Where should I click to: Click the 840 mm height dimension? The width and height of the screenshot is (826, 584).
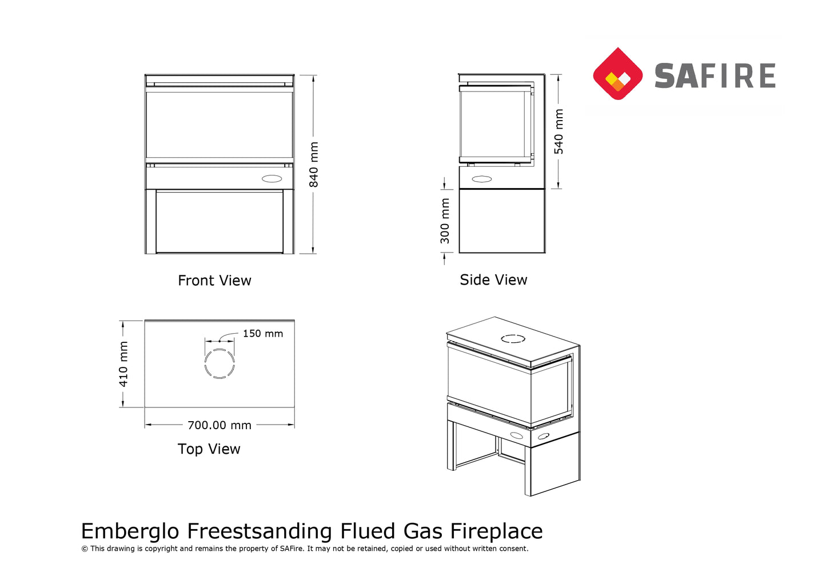coord(314,165)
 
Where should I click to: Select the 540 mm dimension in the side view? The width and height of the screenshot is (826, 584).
coord(558,131)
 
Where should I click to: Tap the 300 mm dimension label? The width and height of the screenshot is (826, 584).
coord(445,221)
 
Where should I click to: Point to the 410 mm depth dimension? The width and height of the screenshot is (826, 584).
coord(123,364)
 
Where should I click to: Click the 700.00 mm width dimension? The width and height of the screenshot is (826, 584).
coord(220,425)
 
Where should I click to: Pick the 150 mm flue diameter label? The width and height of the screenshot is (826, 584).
coord(262,334)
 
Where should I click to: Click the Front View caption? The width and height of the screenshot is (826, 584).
coord(214,281)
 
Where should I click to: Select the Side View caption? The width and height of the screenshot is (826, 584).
coord(493,280)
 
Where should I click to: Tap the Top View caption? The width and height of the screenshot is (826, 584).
coord(209,449)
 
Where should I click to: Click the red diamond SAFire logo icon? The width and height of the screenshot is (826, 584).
coord(617,74)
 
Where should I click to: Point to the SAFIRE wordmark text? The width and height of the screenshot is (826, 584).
coord(715,76)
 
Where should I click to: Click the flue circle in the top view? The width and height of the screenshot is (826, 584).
coord(220,363)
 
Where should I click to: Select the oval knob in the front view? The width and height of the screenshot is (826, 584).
coord(272,178)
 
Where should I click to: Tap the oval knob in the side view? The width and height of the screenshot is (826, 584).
coord(481,179)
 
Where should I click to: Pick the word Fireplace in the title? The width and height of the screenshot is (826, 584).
coord(496,531)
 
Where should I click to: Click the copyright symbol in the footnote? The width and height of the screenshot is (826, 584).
coord(85,549)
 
